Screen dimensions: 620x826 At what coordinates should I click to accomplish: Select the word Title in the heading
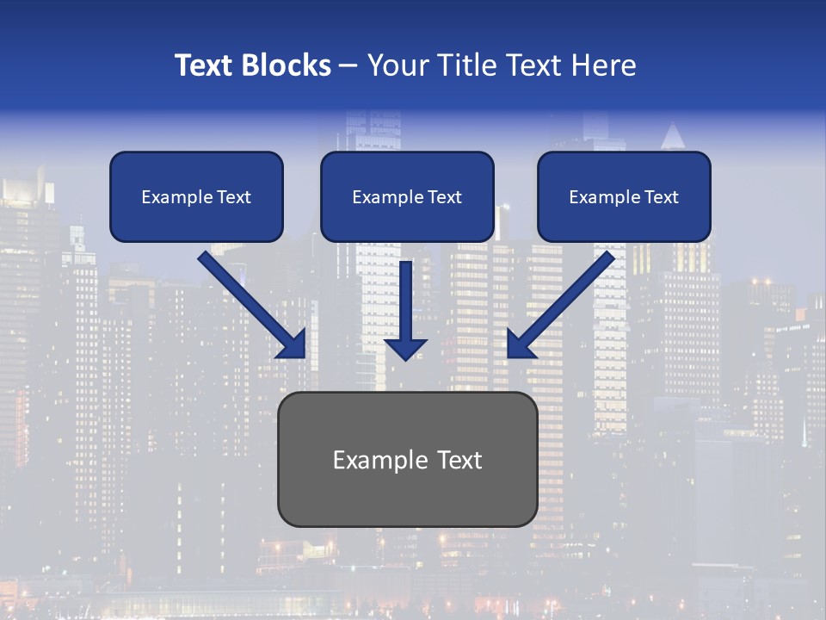[x=465, y=65]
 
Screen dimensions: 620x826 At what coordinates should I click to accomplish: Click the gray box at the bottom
[x=407, y=499]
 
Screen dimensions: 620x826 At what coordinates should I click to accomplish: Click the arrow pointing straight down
[x=405, y=301]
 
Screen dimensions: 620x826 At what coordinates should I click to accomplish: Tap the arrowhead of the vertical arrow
[x=405, y=348]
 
